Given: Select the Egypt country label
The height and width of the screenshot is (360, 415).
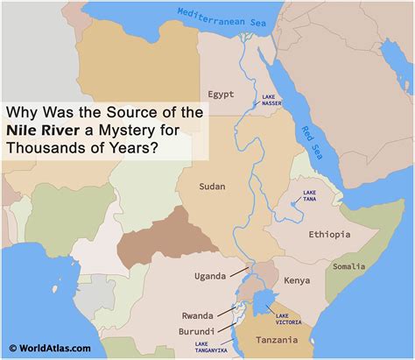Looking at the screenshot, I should (223, 94).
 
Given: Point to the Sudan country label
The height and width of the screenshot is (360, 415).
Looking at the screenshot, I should (213, 186).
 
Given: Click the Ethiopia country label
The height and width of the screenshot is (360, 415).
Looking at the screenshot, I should (329, 234).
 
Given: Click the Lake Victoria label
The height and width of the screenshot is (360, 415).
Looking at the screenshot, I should (287, 318).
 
